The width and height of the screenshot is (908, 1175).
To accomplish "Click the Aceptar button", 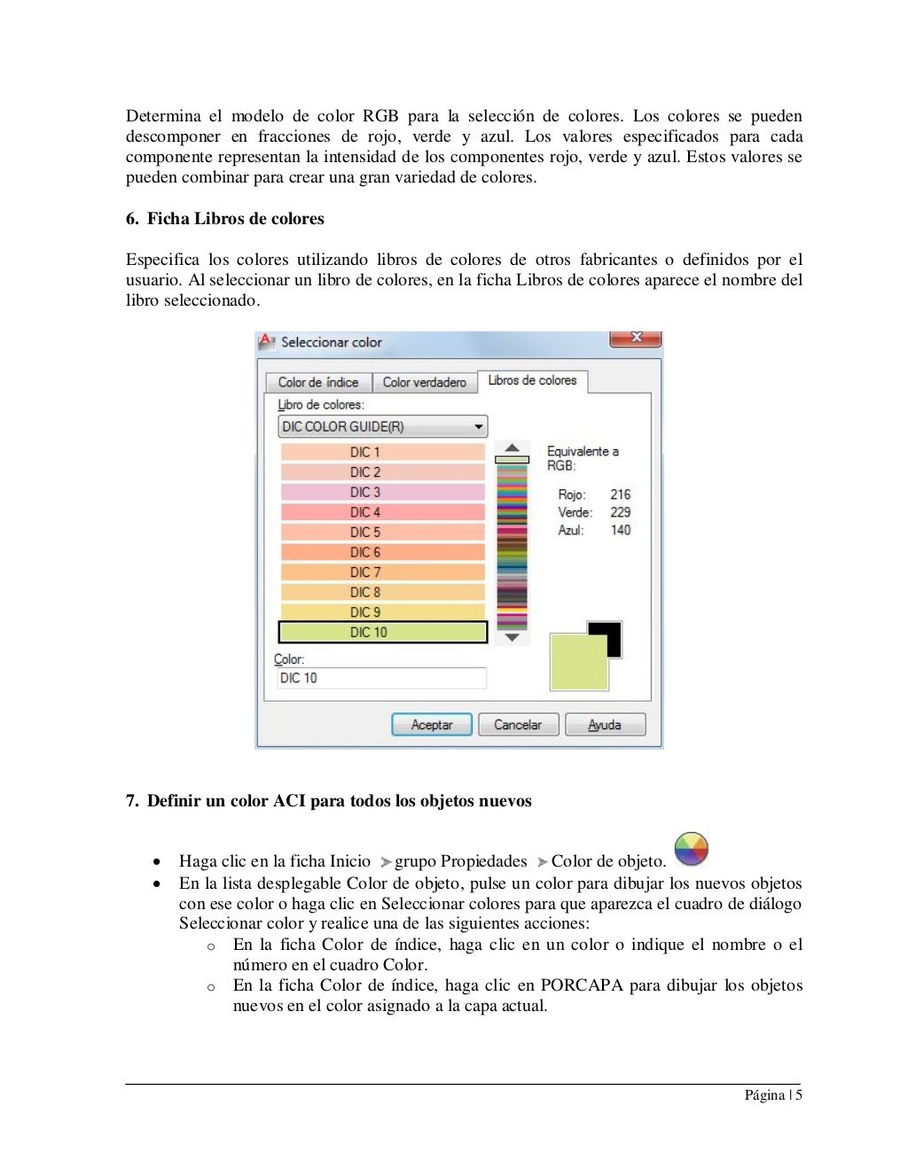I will (431, 725).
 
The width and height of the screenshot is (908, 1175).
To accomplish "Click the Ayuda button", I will (605, 725).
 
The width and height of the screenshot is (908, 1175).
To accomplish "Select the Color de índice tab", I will (318, 383).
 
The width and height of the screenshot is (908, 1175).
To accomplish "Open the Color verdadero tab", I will (424, 383).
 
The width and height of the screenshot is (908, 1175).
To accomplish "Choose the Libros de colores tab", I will (532, 380).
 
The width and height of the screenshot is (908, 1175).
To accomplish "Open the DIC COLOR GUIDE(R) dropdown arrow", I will (479, 427).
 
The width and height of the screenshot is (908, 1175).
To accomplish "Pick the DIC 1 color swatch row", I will (382, 452).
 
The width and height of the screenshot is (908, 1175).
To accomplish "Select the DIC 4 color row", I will (382, 512).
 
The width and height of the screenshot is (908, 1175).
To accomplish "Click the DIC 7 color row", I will (382, 572).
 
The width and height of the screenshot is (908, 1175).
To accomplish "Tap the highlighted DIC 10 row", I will (382, 633).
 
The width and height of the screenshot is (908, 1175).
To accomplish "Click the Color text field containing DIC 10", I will (381, 678).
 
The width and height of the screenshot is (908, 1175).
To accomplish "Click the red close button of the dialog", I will (636, 338).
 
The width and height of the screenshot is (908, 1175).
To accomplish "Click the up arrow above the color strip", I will (512, 447).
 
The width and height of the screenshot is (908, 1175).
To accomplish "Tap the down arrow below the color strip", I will (512, 637).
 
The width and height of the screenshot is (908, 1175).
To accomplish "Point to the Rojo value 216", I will (620, 494).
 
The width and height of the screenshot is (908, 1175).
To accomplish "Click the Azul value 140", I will (620, 530).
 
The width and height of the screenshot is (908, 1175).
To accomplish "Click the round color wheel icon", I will (691, 849).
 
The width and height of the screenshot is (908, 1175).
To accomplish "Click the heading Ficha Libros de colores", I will (235, 219).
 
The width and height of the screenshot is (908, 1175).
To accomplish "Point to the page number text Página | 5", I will (772, 1095).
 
